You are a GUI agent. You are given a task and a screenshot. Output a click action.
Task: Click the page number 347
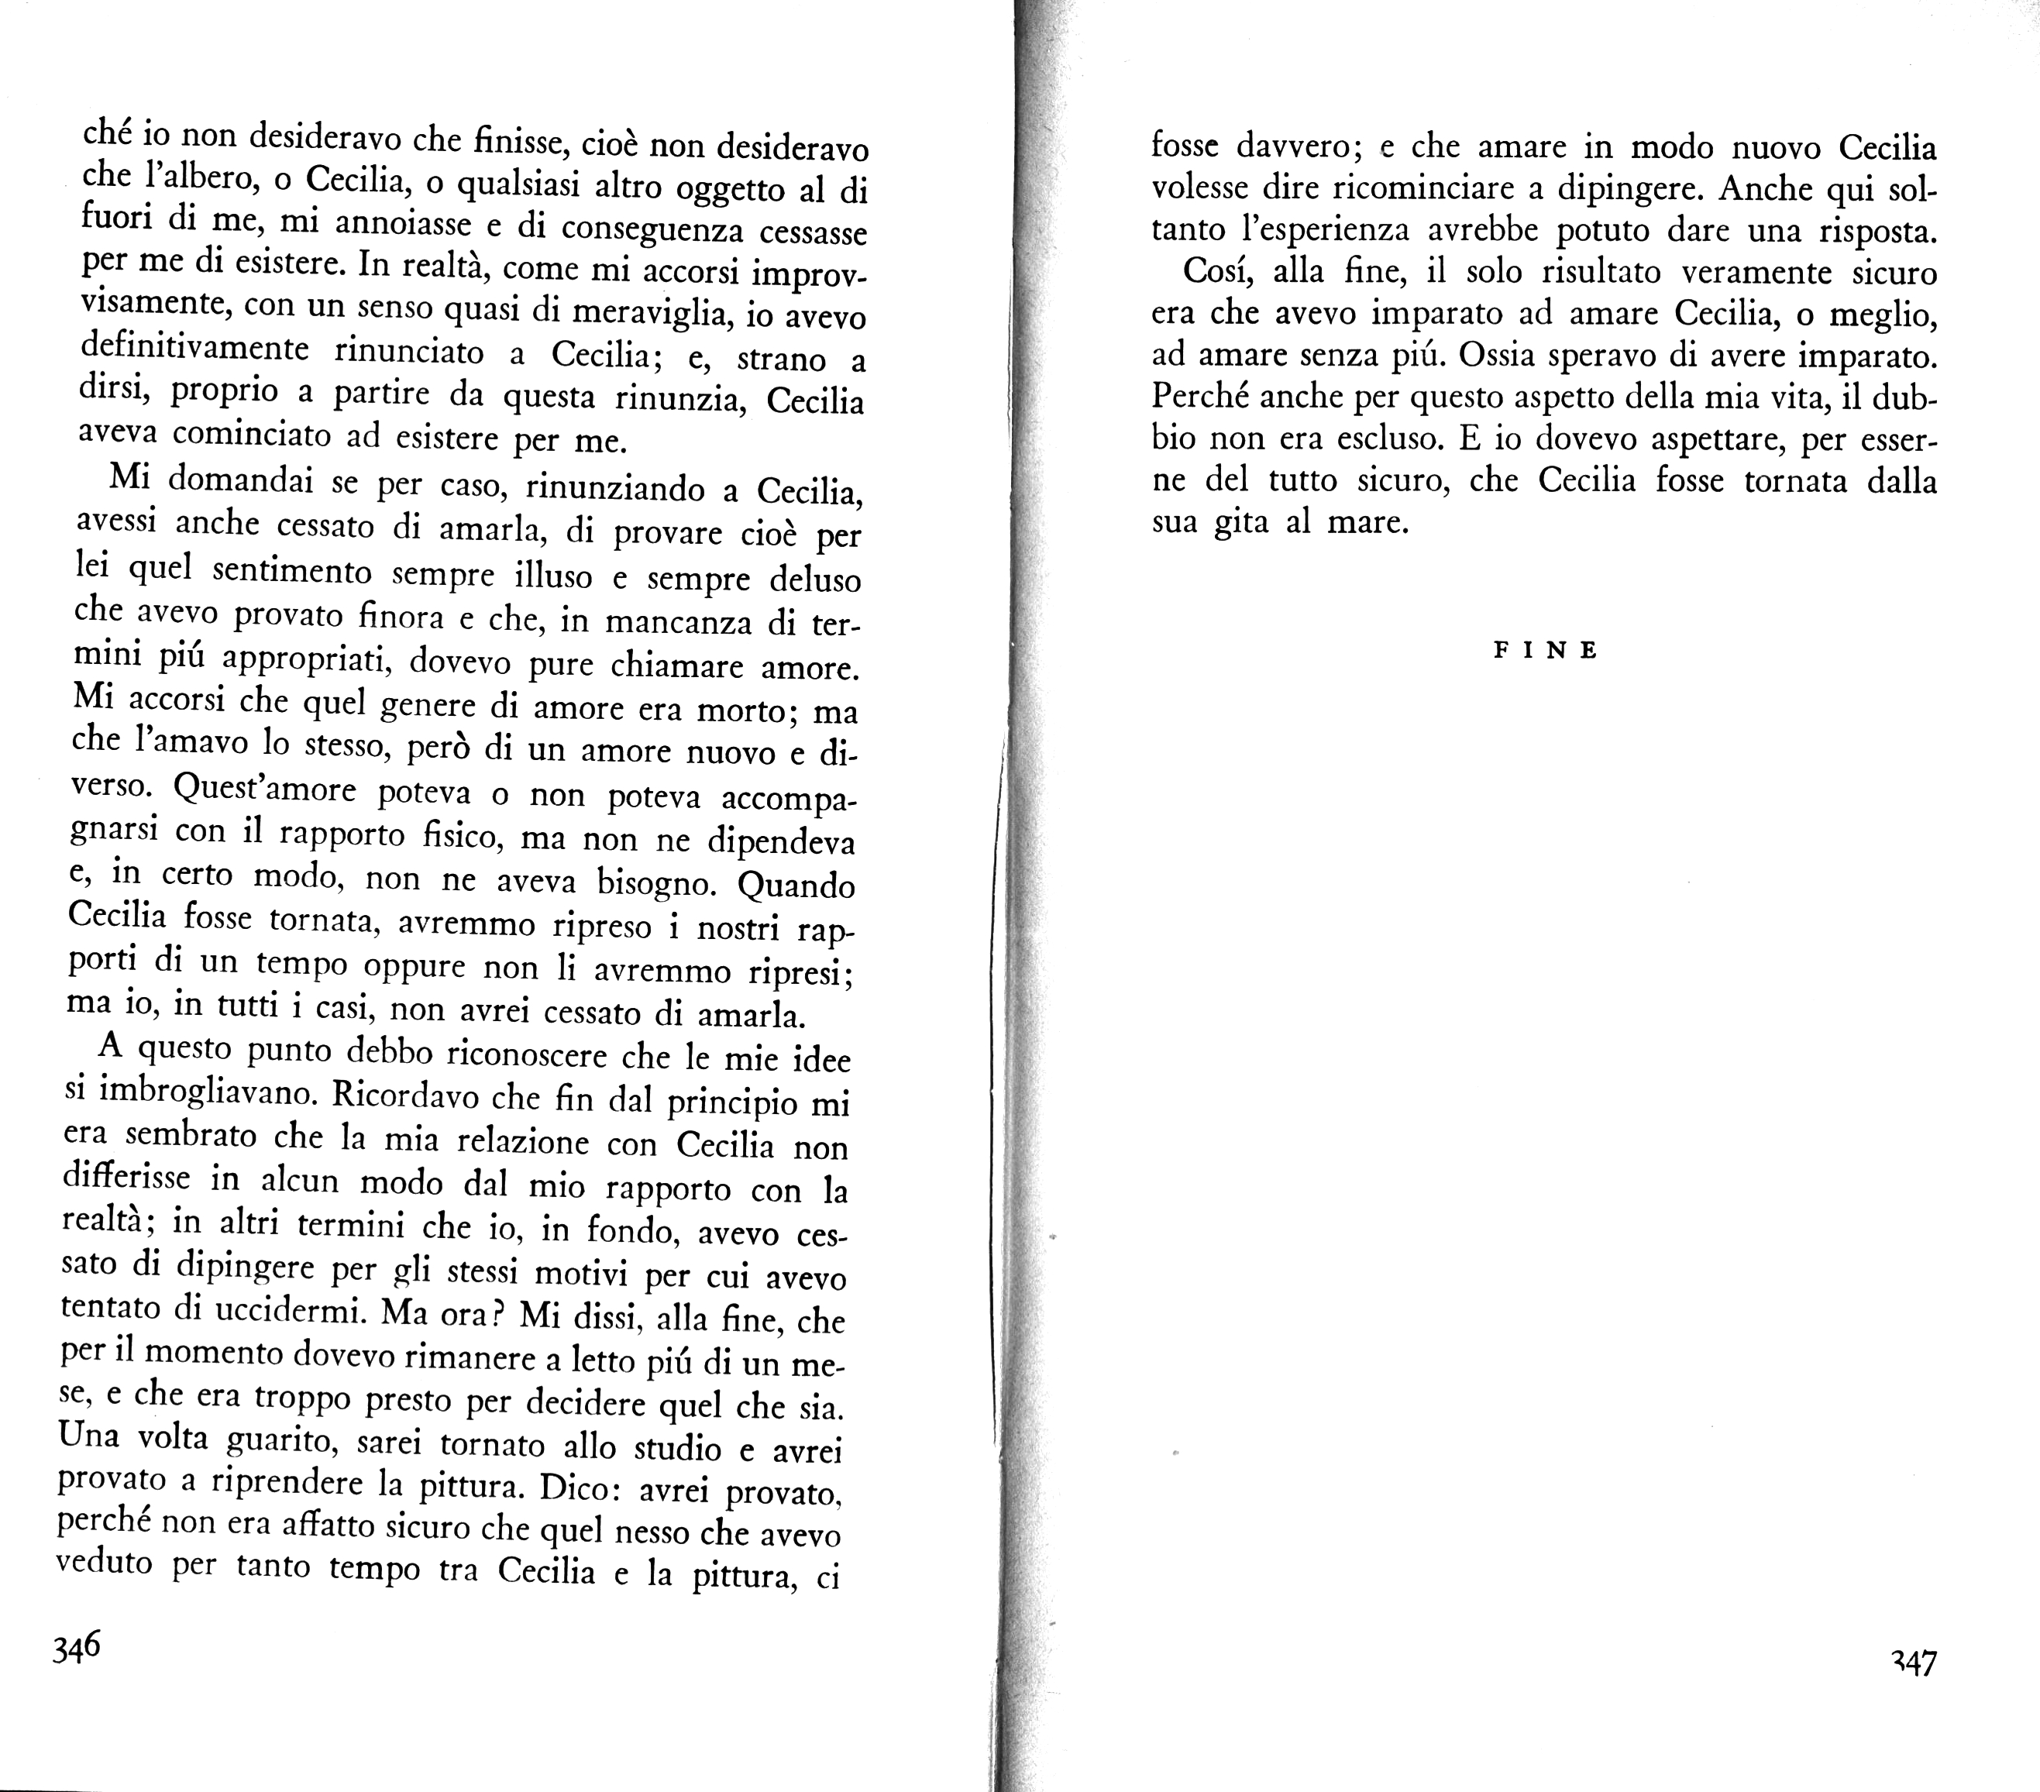point(1912,1663)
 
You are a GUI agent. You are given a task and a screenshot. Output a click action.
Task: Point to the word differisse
point(126,1178)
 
